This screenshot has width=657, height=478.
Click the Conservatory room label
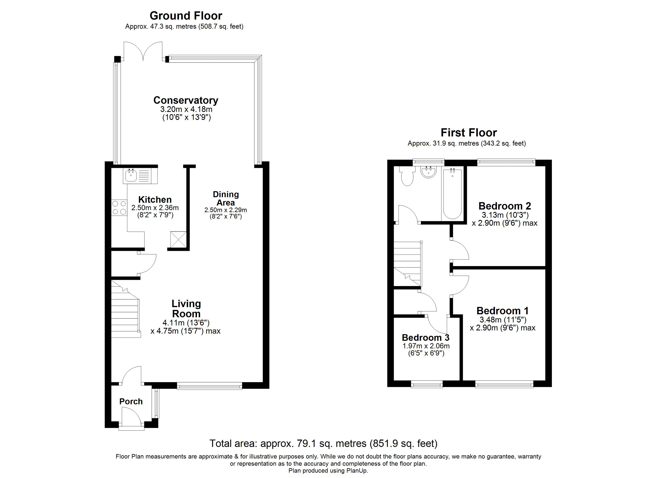pos(186,100)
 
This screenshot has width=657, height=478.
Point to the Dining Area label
pos(226,198)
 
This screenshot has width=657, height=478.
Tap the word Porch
pos(131,402)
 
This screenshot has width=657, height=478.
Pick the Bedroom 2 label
pos(505,206)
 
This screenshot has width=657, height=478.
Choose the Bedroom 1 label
pos(503,311)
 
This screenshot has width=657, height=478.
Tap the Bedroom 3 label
pos(425,338)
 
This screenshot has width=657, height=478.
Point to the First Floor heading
pos(469,133)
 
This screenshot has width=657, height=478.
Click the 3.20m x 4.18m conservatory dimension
pos(186,110)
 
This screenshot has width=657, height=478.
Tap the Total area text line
pos(323,444)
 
